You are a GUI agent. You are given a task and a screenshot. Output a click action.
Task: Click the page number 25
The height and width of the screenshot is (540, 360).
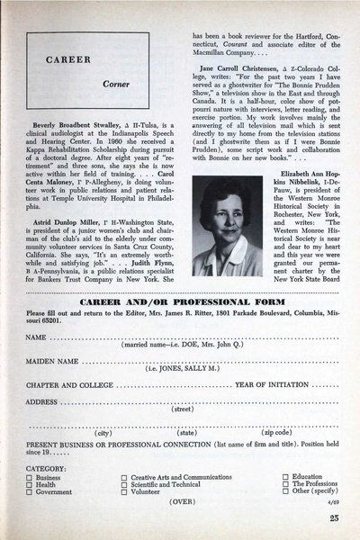tap(334, 518)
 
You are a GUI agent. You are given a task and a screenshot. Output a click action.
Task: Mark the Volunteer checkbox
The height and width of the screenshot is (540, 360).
tap(123, 493)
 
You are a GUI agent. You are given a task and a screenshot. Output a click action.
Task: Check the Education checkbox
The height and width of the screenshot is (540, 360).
tap(286, 477)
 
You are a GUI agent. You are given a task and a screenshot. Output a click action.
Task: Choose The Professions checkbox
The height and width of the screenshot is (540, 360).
tap(286, 485)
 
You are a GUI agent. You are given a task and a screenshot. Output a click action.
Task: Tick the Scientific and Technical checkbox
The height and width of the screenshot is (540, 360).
tap(123, 485)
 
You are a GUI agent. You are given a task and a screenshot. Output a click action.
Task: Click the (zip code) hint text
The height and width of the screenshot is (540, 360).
tap(259, 432)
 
